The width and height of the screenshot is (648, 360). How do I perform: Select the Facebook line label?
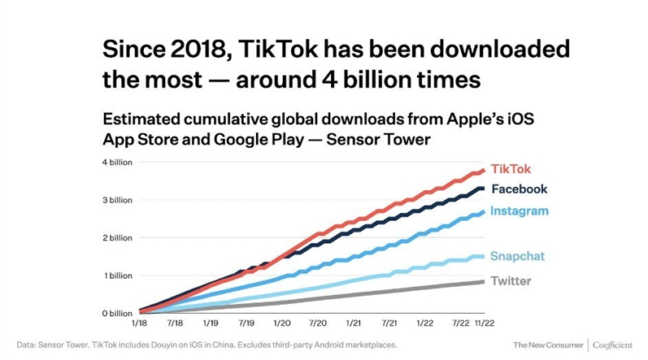[x=520, y=189]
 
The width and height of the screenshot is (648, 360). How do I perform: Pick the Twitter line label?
[x=511, y=281]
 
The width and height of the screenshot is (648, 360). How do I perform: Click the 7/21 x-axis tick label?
[x=388, y=323]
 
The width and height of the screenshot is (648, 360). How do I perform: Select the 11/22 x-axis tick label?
[x=485, y=323]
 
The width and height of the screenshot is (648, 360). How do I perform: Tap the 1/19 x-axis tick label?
[x=211, y=323]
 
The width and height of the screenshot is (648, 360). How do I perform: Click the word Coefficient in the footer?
[x=614, y=345]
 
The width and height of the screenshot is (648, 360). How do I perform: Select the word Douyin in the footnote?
[x=188, y=345]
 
